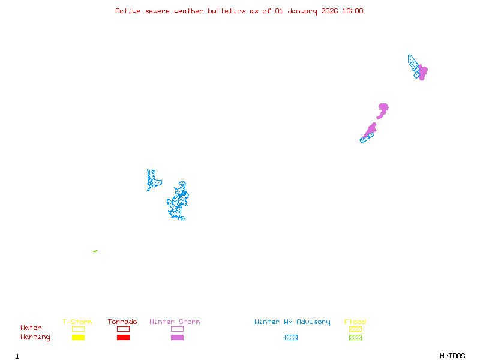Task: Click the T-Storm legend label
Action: click(x=77, y=322)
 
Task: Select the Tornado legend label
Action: click(x=122, y=322)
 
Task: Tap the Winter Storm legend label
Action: click(x=175, y=322)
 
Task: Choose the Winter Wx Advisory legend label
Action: click(x=292, y=322)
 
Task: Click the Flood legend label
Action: click(x=355, y=322)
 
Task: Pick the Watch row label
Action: click(x=31, y=328)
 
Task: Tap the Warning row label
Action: click(x=35, y=337)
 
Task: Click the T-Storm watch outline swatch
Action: click(x=78, y=329)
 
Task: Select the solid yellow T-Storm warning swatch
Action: click(x=78, y=338)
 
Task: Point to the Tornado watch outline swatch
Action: click(x=123, y=329)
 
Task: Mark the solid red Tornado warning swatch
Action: click(x=123, y=338)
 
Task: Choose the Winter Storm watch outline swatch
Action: click(x=177, y=329)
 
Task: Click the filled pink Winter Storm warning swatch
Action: click(x=177, y=338)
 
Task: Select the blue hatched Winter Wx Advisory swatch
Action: click(x=291, y=338)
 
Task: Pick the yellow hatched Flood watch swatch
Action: click(x=355, y=329)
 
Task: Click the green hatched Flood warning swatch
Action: click(x=355, y=338)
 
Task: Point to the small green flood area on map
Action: click(x=95, y=251)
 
